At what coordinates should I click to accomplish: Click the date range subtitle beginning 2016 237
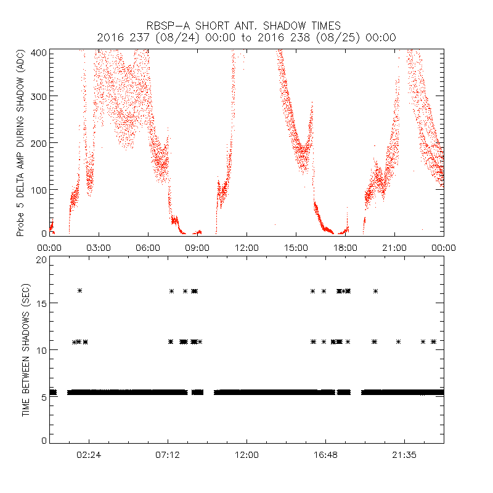click(246, 38)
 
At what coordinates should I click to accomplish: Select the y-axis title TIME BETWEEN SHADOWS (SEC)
click(26, 349)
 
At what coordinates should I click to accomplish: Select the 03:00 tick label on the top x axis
click(99, 248)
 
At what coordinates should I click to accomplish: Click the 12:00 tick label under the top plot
click(246, 248)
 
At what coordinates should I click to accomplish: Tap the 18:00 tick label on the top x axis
click(345, 248)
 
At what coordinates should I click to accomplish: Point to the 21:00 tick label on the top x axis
click(394, 248)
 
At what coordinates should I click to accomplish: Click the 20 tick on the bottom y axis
click(41, 260)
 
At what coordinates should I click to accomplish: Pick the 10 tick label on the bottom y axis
click(41, 350)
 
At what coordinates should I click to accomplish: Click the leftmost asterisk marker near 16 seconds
click(79, 290)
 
